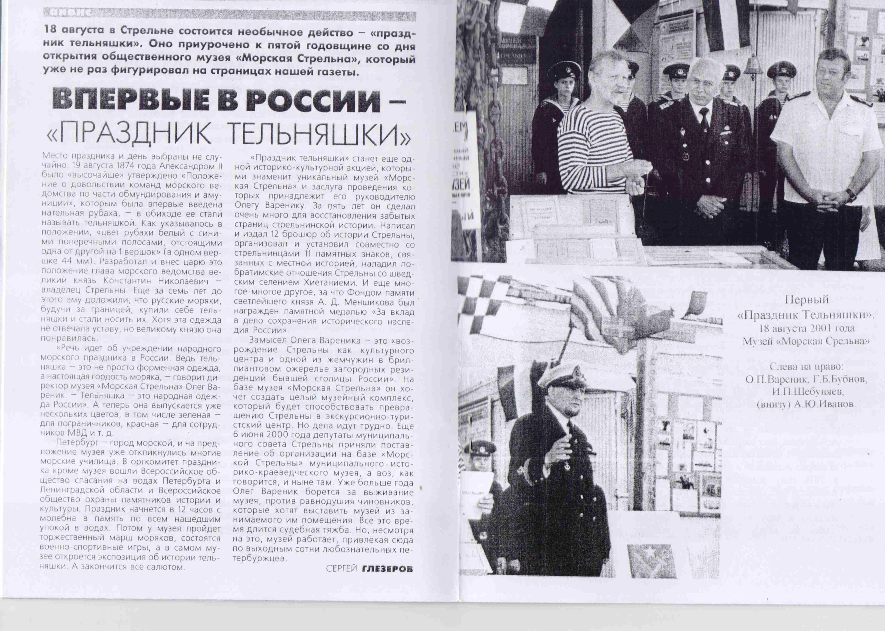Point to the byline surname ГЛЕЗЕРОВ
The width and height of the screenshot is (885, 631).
pyautogui.click(x=386, y=580)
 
